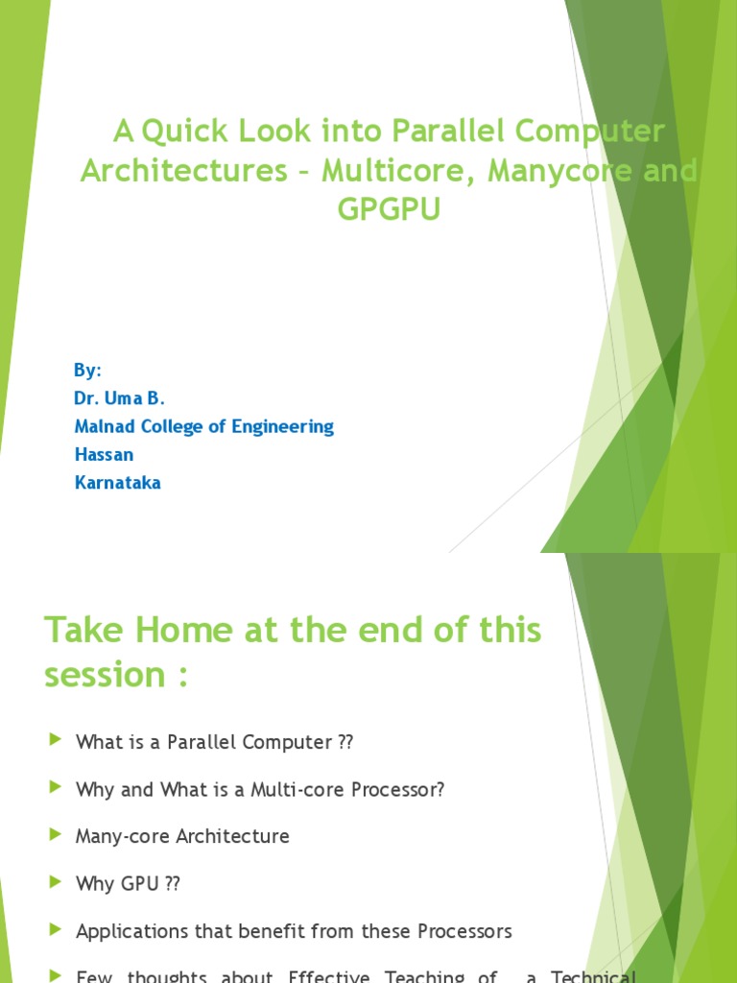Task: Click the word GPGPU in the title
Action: click(x=389, y=210)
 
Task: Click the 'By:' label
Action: click(x=87, y=371)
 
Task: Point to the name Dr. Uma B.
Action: click(x=120, y=398)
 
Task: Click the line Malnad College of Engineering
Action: click(x=204, y=426)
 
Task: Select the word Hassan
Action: click(x=103, y=454)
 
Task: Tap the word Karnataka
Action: click(x=118, y=483)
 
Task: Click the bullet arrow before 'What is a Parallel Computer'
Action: click(x=54, y=742)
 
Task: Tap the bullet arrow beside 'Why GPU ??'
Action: click(x=54, y=883)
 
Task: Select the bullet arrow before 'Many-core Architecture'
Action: click(x=54, y=836)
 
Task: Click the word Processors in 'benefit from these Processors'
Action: click(x=460, y=931)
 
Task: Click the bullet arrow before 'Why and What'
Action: click(x=54, y=789)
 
